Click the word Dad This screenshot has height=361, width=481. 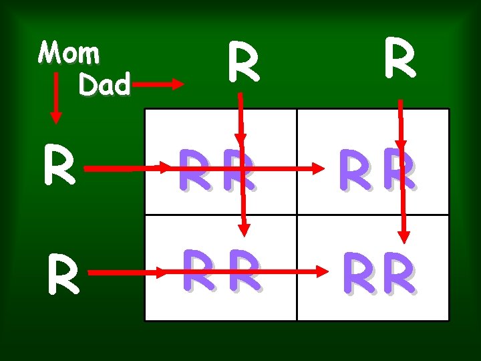(x=104, y=84)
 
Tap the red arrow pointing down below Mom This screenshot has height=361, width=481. (x=56, y=100)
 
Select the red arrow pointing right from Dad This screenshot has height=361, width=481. (x=158, y=84)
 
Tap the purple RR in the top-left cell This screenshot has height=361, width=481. (x=219, y=171)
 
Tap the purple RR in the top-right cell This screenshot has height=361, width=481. (x=378, y=171)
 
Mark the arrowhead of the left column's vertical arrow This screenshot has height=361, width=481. (x=245, y=227)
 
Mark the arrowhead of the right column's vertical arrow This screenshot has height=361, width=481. (x=404, y=235)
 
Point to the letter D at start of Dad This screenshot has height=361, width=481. (x=87, y=84)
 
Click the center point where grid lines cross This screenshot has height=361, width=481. (x=297, y=215)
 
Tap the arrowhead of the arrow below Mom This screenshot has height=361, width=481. (x=56, y=116)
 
